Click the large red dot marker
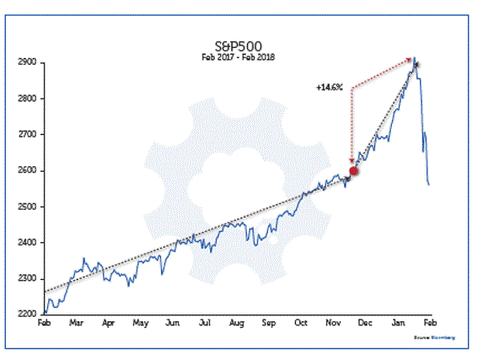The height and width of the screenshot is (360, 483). (x=354, y=170)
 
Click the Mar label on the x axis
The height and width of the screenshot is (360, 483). (x=76, y=323)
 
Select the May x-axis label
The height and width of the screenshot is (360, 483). (x=140, y=323)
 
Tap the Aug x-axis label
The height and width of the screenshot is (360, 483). (x=236, y=323)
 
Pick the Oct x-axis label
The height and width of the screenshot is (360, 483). (x=301, y=323)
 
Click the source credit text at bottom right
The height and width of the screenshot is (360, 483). (x=433, y=337)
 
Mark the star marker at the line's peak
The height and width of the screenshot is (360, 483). (x=414, y=65)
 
